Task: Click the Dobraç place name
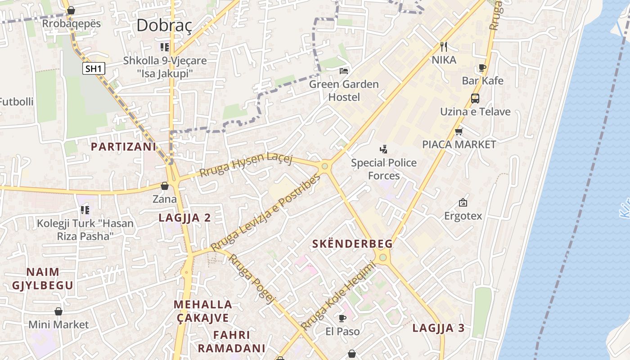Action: coord(164,25)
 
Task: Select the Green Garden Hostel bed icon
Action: coord(344,71)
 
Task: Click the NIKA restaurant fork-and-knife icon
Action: coord(444,46)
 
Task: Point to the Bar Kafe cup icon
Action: coord(482,68)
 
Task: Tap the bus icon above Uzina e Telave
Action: coord(475,98)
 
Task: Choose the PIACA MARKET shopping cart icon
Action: coord(459,131)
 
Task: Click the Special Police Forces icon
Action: coord(384,149)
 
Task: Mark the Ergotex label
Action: coord(463,216)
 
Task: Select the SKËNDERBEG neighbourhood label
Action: coord(352,244)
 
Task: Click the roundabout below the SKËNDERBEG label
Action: coord(383,257)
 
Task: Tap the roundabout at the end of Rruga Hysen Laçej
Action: coord(325,166)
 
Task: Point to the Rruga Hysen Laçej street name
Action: coord(246,166)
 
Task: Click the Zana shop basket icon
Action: coord(165,186)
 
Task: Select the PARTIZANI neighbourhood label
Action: coord(123,147)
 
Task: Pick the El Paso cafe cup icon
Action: coord(342,319)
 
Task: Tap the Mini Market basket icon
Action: coord(58,311)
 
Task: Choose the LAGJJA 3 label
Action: coord(438,328)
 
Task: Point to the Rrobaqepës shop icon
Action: coord(71,10)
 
